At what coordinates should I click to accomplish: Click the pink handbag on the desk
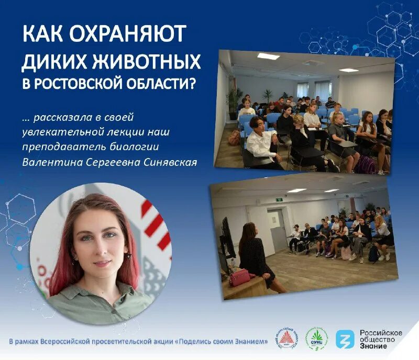[x=241, y=277]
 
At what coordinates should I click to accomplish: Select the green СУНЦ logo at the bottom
[x=317, y=339]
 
